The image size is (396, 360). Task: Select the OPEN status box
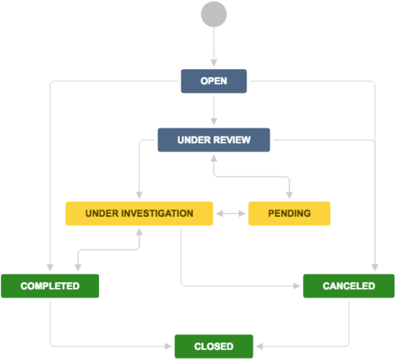tap(214, 81)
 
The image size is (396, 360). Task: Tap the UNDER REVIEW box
tap(214, 140)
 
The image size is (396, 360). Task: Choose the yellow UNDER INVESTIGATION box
tap(139, 214)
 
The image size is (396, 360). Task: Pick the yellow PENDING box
tap(289, 214)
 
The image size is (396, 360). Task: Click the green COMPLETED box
tap(50, 286)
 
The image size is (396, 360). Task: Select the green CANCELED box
tap(349, 286)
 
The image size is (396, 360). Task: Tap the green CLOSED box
tap(213, 346)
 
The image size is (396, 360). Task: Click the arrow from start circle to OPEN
tap(214, 46)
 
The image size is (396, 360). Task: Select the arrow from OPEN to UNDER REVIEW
tap(214, 110)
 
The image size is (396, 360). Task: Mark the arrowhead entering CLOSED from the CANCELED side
tap(257, 346)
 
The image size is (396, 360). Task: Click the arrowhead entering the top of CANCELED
tap(375, 269)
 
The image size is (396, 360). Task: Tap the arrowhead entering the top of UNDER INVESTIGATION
tap(139, 197)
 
